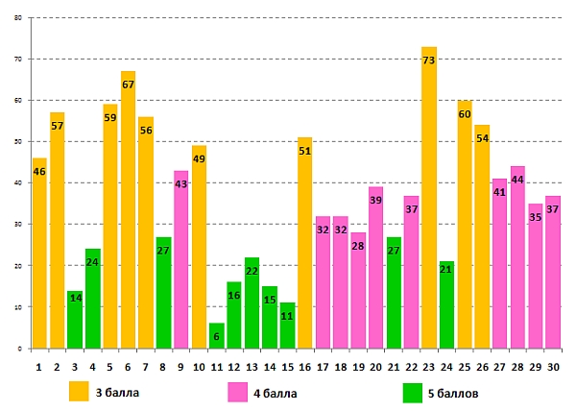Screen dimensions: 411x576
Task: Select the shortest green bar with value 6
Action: click(217, 336)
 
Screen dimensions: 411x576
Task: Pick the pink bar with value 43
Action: click(181, 259)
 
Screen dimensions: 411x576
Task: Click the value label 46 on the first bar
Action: click(39, 173)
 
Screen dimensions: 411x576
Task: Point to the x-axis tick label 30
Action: click(553, 366)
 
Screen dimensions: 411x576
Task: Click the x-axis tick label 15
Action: click(287, 366)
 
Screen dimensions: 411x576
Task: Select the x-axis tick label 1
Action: click(39, 366)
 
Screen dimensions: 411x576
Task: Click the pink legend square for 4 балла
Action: click(238, 392)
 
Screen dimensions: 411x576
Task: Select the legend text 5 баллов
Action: click(454, 393)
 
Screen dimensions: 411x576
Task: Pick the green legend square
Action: click(413, 392)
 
